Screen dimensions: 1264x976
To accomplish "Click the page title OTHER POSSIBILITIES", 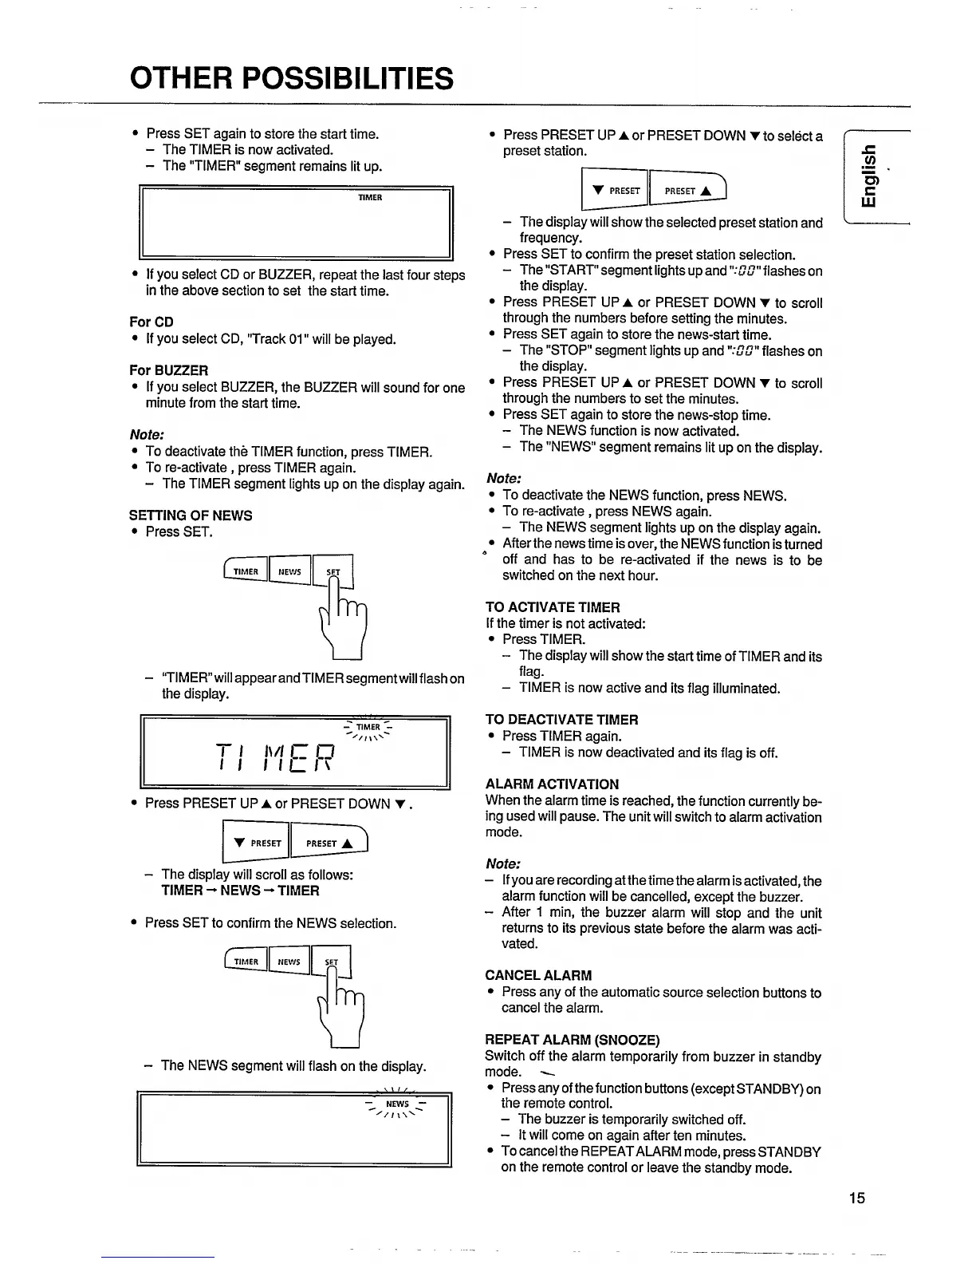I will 291,78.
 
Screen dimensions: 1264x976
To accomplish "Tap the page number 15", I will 856,1197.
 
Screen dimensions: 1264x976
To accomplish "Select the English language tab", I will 872,179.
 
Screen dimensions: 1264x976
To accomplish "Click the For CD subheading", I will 152,322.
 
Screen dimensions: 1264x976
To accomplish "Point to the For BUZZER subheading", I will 169,370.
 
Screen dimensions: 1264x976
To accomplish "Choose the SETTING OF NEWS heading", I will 191,515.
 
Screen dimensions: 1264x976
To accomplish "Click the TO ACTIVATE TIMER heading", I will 553,607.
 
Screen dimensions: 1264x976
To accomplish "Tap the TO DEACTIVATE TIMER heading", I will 561,720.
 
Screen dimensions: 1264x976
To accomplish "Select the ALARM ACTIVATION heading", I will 552,784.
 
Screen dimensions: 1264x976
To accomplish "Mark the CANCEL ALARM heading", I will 538,975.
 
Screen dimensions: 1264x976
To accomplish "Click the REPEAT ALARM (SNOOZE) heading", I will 573,1040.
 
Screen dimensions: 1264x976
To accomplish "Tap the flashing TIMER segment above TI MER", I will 368,727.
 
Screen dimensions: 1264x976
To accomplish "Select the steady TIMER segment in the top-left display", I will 370,197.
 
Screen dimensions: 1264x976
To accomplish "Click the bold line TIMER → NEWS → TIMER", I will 240,891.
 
